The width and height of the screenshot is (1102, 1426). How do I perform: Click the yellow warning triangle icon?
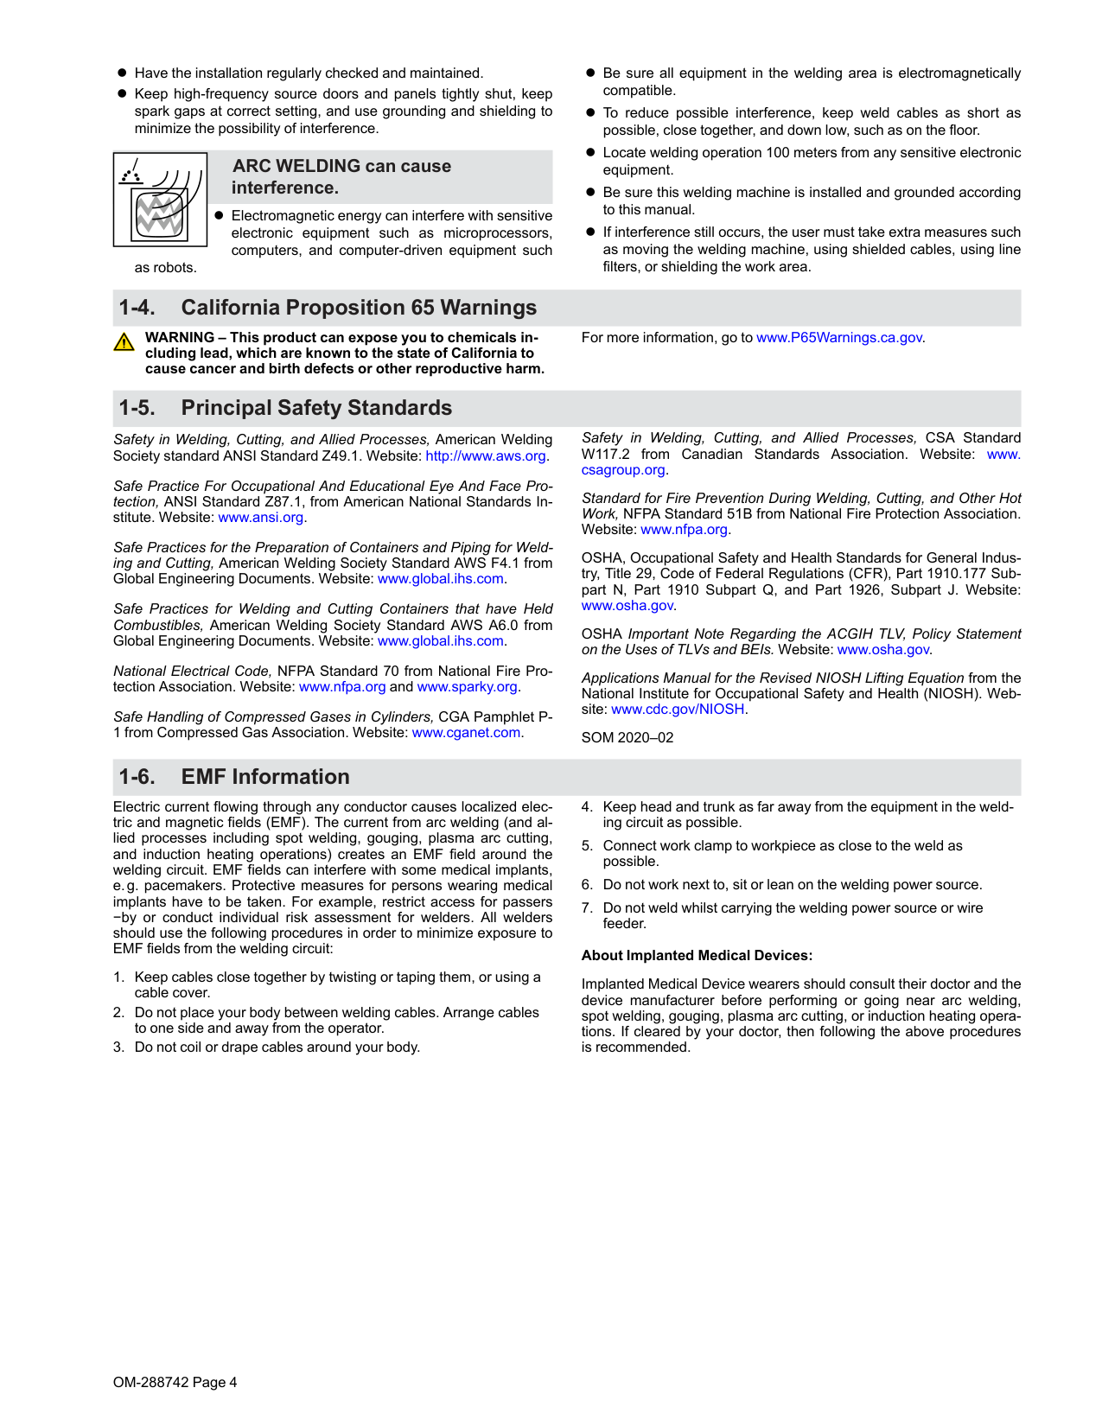point(124,342)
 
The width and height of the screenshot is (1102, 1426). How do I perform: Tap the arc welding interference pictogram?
point(160,200)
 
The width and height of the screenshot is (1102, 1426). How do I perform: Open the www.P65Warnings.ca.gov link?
point(838,338)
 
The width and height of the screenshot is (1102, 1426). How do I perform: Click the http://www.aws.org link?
point(486,456)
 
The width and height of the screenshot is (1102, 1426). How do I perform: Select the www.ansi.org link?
point(261,518)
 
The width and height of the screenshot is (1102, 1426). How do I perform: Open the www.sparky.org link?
point(467,687)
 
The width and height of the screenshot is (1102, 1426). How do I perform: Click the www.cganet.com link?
point(466,733)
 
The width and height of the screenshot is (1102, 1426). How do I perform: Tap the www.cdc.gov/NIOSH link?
point(678,710)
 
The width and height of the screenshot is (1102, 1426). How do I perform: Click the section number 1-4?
point(137,308)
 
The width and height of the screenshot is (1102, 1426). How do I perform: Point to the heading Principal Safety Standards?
point(316,408)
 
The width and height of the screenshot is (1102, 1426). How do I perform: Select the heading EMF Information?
point(265,777)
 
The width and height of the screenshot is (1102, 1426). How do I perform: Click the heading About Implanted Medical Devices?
point(697,956)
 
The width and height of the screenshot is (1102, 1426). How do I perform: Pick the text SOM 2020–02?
point(627,738)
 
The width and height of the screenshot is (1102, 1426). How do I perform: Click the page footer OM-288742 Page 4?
point(175,1383)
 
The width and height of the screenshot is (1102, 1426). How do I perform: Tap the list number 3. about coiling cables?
point(118,1047)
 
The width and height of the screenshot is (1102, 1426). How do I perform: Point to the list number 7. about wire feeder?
point(587,908)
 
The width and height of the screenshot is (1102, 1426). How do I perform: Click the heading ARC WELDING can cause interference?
point(341,176)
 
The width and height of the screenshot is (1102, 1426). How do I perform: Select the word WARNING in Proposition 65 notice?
point(180,338)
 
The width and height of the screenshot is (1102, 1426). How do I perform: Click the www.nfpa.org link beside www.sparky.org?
point(342,687)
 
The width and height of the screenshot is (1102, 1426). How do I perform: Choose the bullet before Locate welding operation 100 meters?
point(591,153)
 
